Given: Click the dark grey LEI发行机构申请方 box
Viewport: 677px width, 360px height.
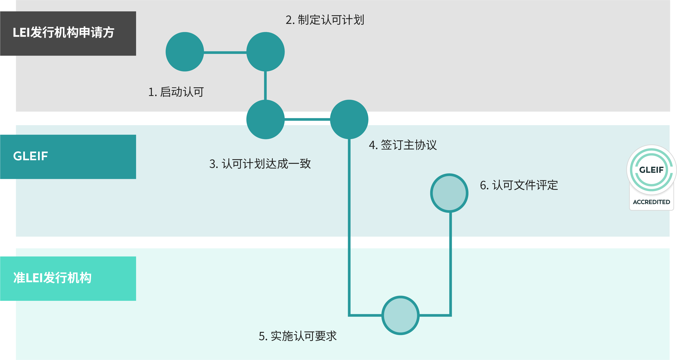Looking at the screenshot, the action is pos(68,33).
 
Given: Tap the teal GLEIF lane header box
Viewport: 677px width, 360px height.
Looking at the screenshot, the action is pos(68,157).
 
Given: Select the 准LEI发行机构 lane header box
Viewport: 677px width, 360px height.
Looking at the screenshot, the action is pos(68,278).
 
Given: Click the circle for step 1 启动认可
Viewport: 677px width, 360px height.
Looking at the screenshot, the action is pos(185,52).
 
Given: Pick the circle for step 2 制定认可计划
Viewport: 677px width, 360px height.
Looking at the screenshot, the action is pos(265,52).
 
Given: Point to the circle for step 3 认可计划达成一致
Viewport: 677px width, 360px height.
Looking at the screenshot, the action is pos(265,119).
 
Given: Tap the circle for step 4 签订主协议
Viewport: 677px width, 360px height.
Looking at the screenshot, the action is pos(349,119).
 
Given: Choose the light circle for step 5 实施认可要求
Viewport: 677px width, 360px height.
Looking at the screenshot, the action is pos(400,315).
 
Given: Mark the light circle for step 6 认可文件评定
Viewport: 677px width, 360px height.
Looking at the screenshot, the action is pos(449,193).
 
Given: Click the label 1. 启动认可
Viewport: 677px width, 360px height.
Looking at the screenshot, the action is pos(176,92).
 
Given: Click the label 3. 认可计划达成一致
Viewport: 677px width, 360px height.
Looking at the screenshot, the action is pos(260,164).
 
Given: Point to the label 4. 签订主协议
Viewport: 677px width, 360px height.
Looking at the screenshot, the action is pos(403,145).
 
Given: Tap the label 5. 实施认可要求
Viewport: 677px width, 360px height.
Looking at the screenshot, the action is pos(298,336).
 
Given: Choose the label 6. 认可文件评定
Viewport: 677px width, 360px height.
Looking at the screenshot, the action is pos(519,185).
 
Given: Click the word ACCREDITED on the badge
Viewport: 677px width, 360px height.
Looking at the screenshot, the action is pos(651,202).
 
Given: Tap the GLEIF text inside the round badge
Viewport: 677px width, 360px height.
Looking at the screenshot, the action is pos(651,170).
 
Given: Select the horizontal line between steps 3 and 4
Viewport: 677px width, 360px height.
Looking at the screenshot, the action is pos(307,119).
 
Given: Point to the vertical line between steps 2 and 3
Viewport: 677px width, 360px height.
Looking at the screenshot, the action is pos(265,85).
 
